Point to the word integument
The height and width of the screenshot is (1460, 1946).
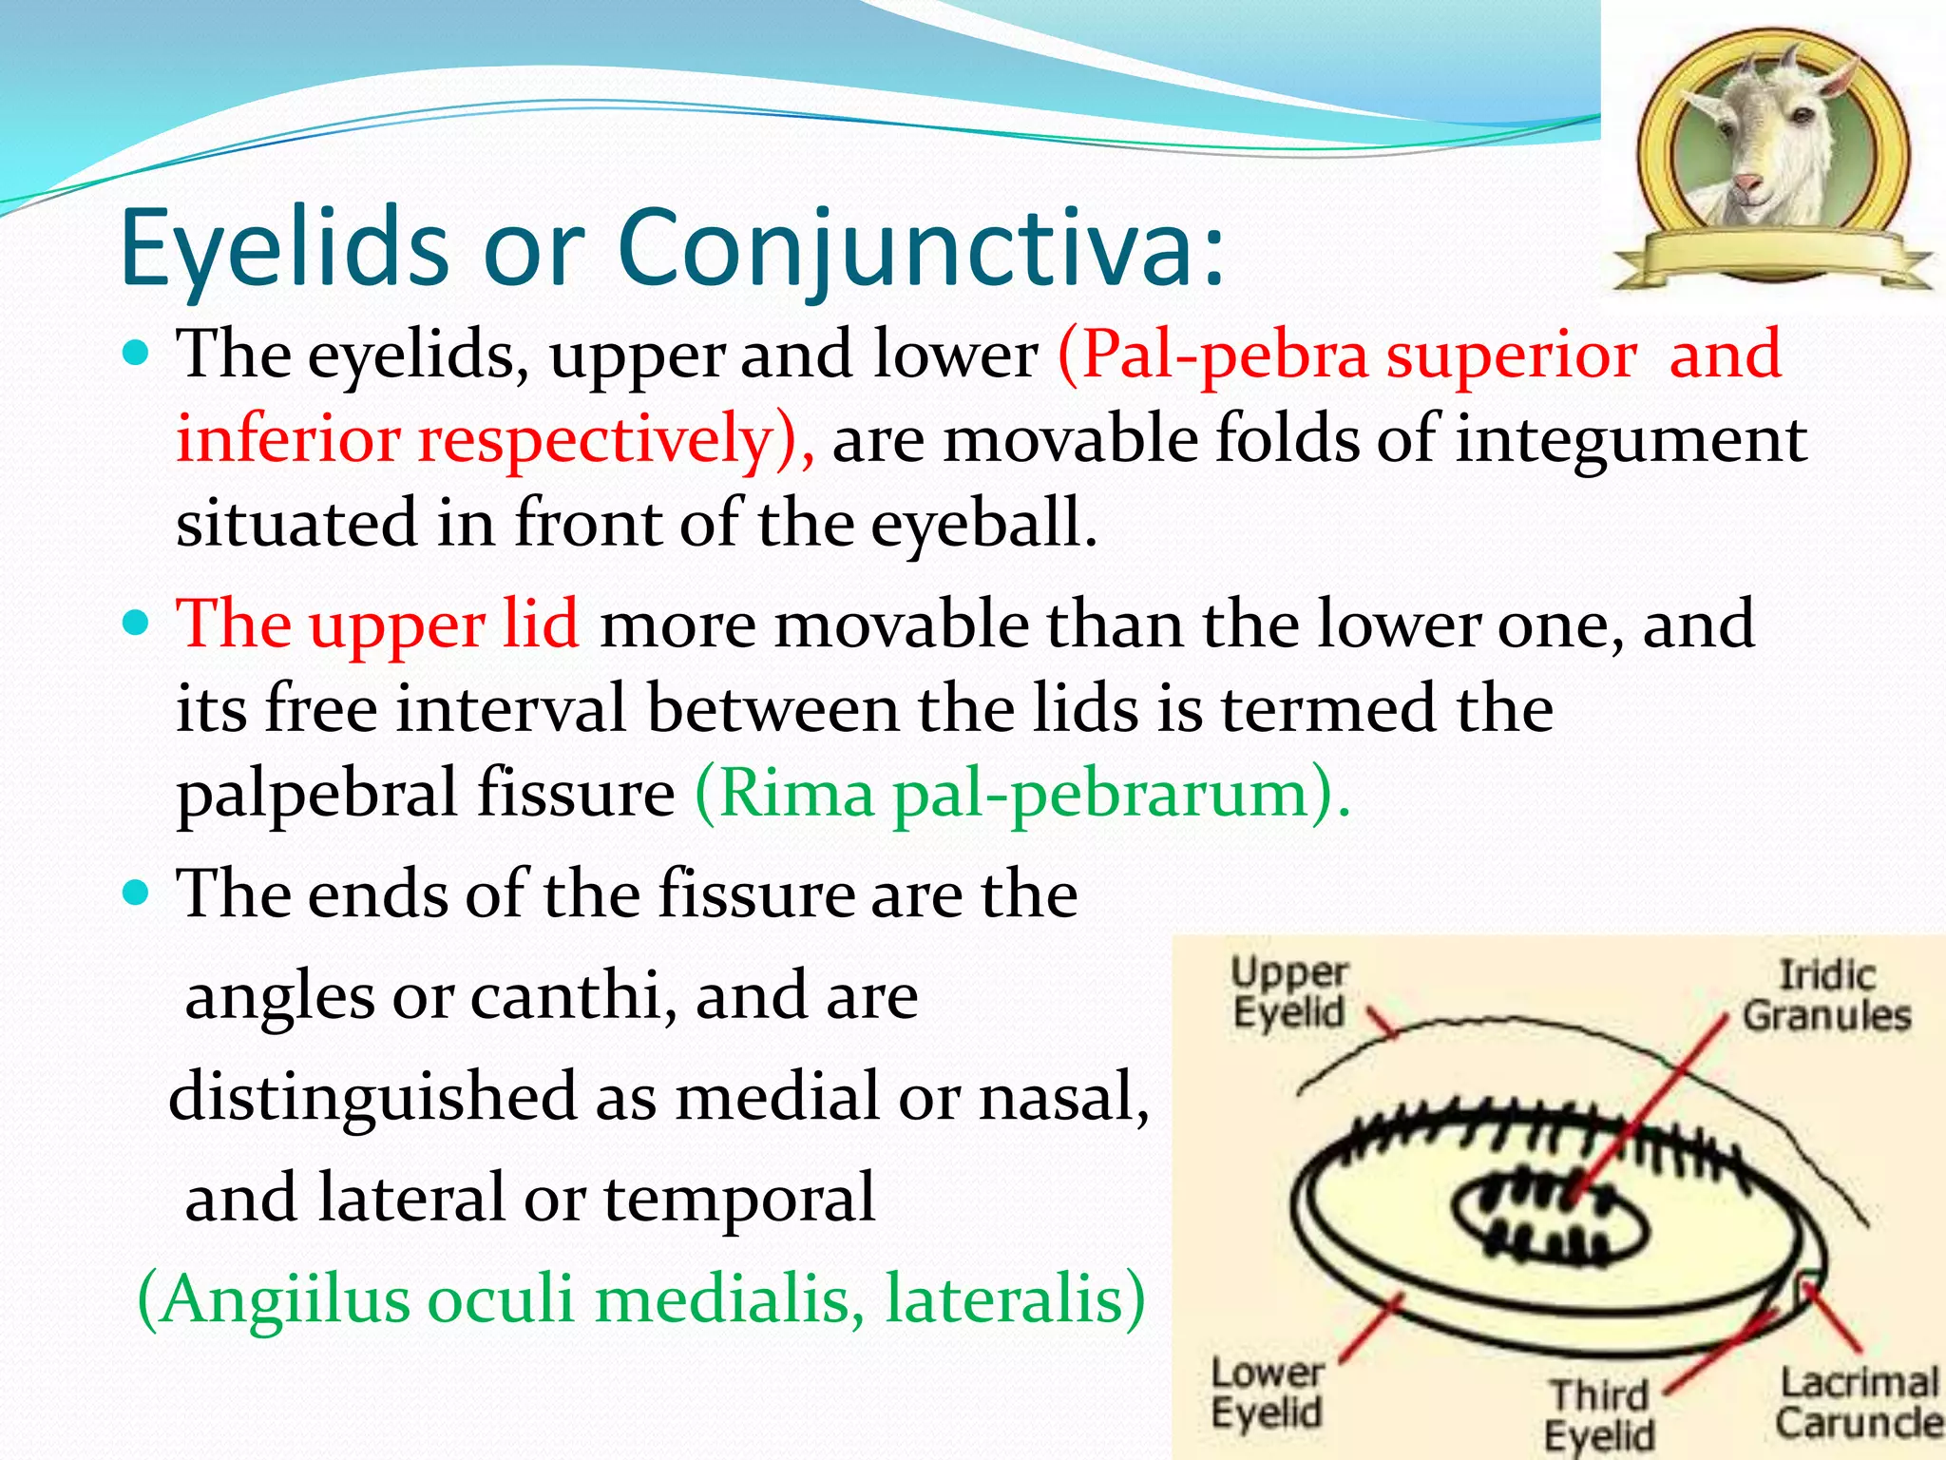pos(1631,440)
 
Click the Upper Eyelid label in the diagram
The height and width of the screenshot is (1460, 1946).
pos(1288,992)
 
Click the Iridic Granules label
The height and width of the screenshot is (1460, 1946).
pos(1826,996)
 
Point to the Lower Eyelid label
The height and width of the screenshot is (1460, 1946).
pos(1268,1393)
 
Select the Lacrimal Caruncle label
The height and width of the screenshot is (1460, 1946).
pos(1858,1403)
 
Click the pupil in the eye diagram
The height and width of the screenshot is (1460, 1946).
pos(1551,1221)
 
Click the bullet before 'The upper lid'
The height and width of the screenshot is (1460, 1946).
pos(138,624)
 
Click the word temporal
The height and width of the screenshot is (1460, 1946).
pos(738,1200)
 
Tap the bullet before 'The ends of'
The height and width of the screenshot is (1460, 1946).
pos(138,893)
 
